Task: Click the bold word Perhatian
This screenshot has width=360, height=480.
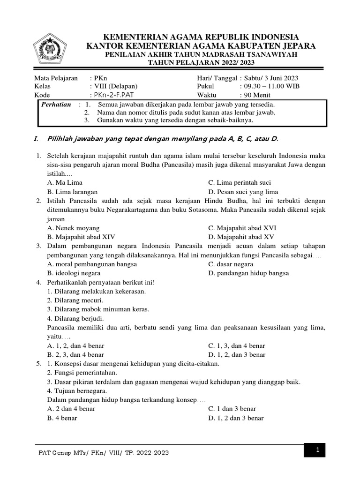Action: coord(56,104)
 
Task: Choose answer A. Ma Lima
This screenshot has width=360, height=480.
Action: coord(65,182)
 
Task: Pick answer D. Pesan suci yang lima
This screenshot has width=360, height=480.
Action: coord(243,192)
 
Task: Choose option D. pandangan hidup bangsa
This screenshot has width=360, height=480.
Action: coord(248,273)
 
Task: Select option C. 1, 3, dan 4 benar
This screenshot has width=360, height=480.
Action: coord(237,345)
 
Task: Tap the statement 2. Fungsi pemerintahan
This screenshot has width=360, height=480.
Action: coord(82,373)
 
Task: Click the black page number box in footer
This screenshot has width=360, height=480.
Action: coord(317,450)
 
